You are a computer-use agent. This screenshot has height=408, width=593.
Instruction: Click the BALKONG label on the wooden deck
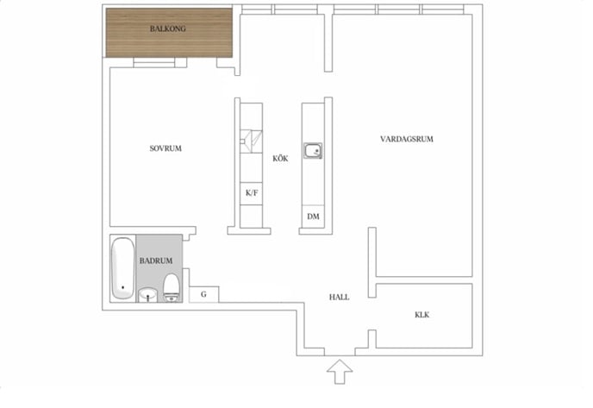pos(168,28)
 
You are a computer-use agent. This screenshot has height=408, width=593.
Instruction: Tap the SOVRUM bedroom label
pos(165,148)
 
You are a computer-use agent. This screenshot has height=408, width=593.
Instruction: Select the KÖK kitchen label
pos(280,159)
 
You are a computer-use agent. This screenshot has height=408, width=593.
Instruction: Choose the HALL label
pos(339,297)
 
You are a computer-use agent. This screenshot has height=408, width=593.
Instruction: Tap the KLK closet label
pos(421,315)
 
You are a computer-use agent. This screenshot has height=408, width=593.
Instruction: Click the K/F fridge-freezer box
pos(252,193)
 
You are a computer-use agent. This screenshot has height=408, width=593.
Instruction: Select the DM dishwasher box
pos(313,217)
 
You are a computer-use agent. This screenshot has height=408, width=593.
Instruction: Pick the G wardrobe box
pos(203,294)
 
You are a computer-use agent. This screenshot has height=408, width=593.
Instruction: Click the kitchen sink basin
pos(313,152)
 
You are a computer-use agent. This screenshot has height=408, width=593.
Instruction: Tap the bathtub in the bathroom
pos(122,267)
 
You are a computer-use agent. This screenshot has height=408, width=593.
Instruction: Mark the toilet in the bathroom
pos(171,286)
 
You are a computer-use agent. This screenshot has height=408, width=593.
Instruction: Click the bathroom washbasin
pos(148,293)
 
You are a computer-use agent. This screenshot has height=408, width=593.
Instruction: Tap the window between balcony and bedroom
pos(160,61)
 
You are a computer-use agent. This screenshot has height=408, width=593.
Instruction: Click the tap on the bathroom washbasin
pos(148,298)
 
